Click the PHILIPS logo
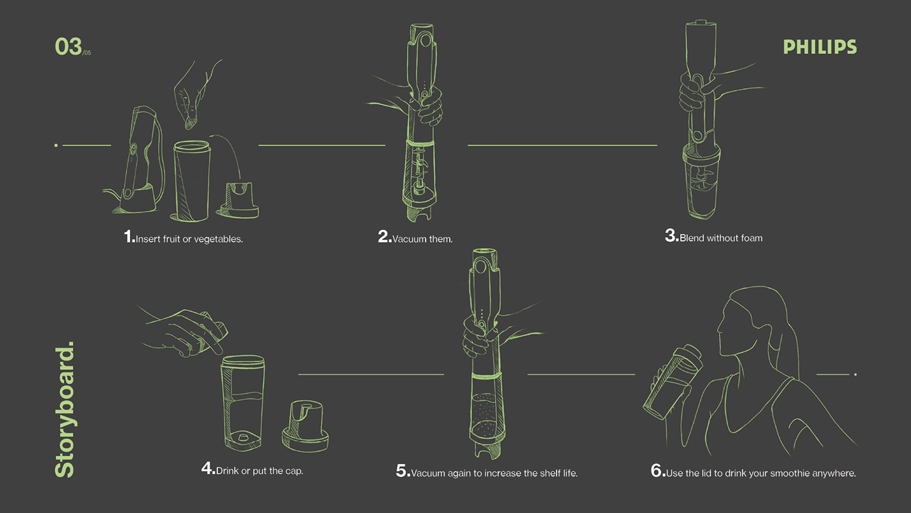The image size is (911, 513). coord(820,47)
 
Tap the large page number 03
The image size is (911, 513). coord(68,46)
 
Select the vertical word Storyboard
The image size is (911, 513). coord(64,409)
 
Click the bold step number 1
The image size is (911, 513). coord(129,236)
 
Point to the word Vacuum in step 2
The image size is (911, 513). coord(406,239)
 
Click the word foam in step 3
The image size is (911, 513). coord(752,238)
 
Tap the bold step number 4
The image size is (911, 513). coord(208,469)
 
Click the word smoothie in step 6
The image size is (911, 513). coord(789,473)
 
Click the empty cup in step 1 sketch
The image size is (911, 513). coord(191,181)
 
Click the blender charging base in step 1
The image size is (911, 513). coord(136,200)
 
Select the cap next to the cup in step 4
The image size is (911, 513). coord(305,426)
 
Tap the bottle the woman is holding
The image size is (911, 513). coord(672,381)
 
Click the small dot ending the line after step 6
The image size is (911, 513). coord(855,374)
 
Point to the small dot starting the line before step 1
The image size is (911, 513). coord(56,145)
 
